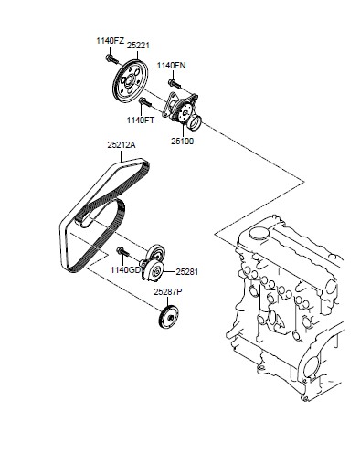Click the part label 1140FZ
111,41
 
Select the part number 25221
138,46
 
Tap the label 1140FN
171,66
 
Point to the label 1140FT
141,121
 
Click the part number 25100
182,142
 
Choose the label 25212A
122,145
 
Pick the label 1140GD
126,270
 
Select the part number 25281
187,272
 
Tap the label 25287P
168,292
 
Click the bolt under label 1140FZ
111,59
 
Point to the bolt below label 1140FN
174,83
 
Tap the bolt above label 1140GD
122,252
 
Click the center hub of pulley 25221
129,80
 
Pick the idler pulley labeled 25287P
169,317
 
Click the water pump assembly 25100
182,110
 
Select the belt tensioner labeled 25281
154,264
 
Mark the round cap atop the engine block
259,233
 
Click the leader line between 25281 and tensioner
169,271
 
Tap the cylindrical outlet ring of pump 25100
195,123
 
